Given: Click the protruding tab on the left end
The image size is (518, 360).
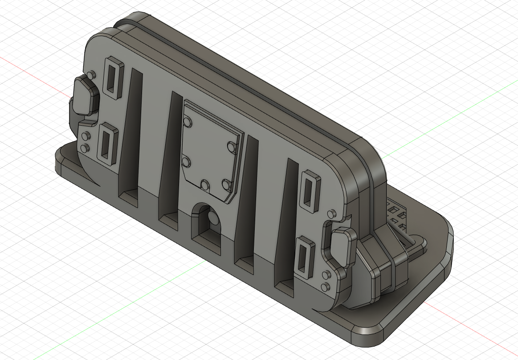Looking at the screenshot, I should (86, 95).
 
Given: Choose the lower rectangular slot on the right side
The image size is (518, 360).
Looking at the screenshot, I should (304, 258).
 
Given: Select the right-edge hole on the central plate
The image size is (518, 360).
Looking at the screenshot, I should (231, 146).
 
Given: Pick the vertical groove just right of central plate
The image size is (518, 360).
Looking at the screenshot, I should (247, 196).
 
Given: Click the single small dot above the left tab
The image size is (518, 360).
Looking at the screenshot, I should (91, 74).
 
